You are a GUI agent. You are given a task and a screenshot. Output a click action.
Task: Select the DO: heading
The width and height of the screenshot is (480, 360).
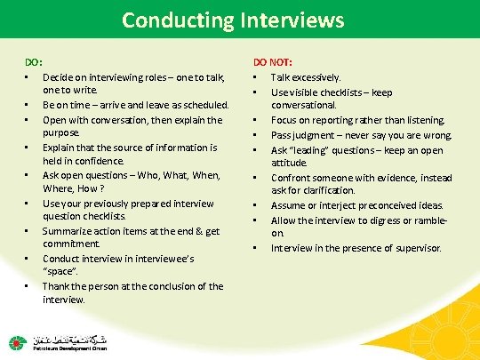33,62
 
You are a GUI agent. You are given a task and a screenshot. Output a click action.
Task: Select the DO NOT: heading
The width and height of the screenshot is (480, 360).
273,62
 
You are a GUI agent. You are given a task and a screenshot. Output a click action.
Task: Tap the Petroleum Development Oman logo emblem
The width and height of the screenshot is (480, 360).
18,342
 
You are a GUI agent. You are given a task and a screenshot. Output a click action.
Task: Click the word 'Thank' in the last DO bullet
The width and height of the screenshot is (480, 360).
56,285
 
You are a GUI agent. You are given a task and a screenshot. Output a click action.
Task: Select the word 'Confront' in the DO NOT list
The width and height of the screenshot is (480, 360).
294,176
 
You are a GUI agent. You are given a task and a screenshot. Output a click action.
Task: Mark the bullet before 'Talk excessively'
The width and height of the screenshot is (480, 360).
256,78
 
